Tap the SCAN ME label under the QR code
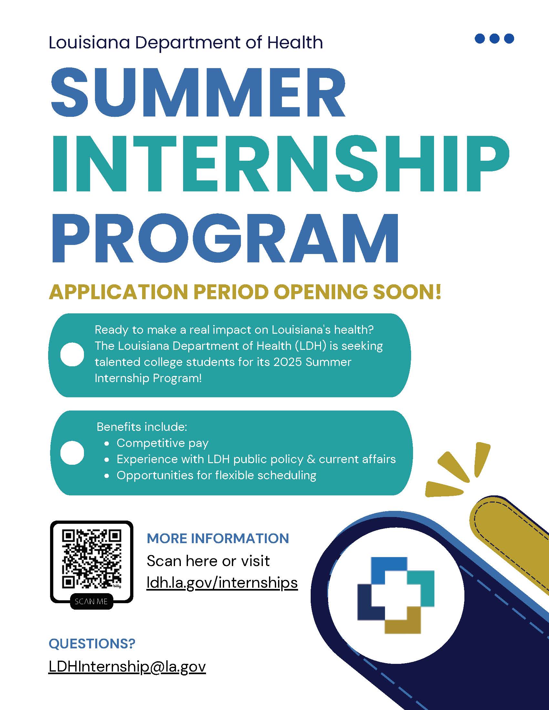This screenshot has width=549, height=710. coord(91,602)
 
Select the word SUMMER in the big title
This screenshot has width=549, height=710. coord(198,93)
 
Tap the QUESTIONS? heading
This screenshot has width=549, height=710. coord(92,644)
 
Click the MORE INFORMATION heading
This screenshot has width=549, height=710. coord(218,538)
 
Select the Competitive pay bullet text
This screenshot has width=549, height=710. coord(162,443)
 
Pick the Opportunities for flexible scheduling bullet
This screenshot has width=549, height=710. coord(216,475)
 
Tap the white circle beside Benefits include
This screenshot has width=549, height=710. coord(72,453)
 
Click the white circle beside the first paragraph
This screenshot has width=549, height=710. coord(72,354)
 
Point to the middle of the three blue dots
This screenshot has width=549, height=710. coord(494,38)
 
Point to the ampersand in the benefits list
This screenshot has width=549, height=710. coord(311,459)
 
